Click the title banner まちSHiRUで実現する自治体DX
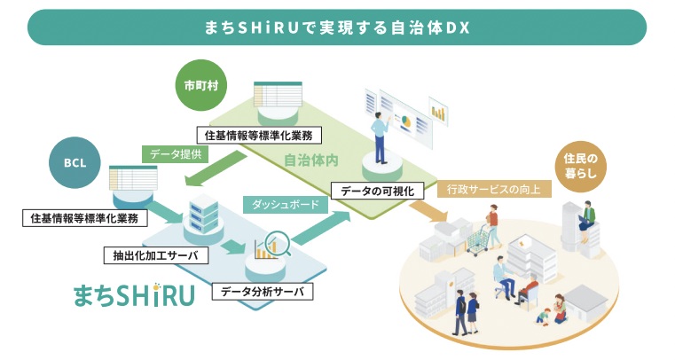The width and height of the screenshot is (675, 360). coord(336,27)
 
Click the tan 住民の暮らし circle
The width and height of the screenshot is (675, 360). coord(582,165)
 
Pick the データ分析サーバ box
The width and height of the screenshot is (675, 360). coord(263,290)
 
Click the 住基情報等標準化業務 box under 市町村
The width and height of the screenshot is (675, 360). coord(258,136)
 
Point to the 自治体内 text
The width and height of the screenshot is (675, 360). coord(310,162)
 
